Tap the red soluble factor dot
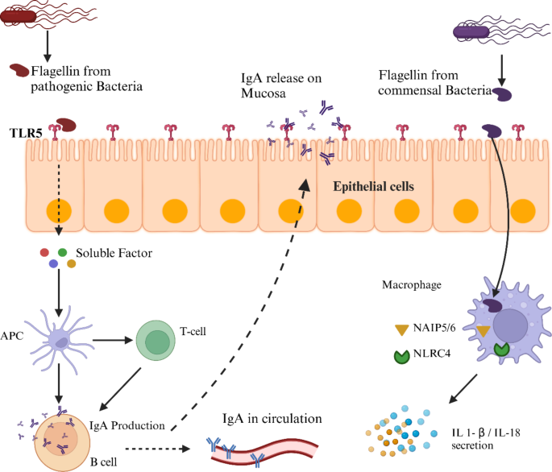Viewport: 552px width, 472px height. click(45, 252)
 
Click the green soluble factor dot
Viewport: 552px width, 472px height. click(62, 252)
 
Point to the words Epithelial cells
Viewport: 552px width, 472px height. click(374, 186)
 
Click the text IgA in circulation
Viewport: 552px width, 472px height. click(272, 419)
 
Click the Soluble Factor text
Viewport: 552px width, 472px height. click(114, 253)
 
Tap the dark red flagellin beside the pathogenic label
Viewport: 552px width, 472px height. click(19, 72)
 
